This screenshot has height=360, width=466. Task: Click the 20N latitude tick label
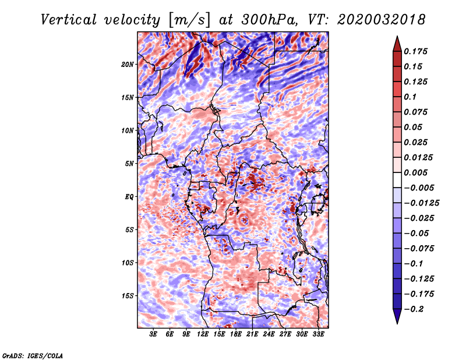pos(128,65)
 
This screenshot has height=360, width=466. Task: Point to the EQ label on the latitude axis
pos(129,197)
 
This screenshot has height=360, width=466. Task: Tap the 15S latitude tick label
pos(128,296)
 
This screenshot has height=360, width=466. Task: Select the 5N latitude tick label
pos(129,164)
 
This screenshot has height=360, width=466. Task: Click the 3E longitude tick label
pos(153,334)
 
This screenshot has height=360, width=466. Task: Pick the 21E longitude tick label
pos(252,334)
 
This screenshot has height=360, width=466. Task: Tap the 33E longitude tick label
pos(318,334)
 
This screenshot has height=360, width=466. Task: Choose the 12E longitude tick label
pos(203,334)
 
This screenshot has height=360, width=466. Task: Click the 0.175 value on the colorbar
pos(415,52)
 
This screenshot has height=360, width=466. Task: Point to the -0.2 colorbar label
pos(414,309)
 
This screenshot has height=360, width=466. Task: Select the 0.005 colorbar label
pos(415,172)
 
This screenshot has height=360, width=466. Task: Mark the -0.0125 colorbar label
pos(421,203)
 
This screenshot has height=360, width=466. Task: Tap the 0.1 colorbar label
pos(410,97)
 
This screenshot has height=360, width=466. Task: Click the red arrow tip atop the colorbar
pos(397,37)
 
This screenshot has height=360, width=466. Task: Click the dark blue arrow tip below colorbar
pos(397,323)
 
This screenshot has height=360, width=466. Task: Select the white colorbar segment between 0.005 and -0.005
pos(397,180)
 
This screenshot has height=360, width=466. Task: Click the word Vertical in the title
pos(69,20)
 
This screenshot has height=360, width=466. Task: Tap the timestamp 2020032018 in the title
pos(382,20)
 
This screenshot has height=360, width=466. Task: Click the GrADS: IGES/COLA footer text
pos(33,356)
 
